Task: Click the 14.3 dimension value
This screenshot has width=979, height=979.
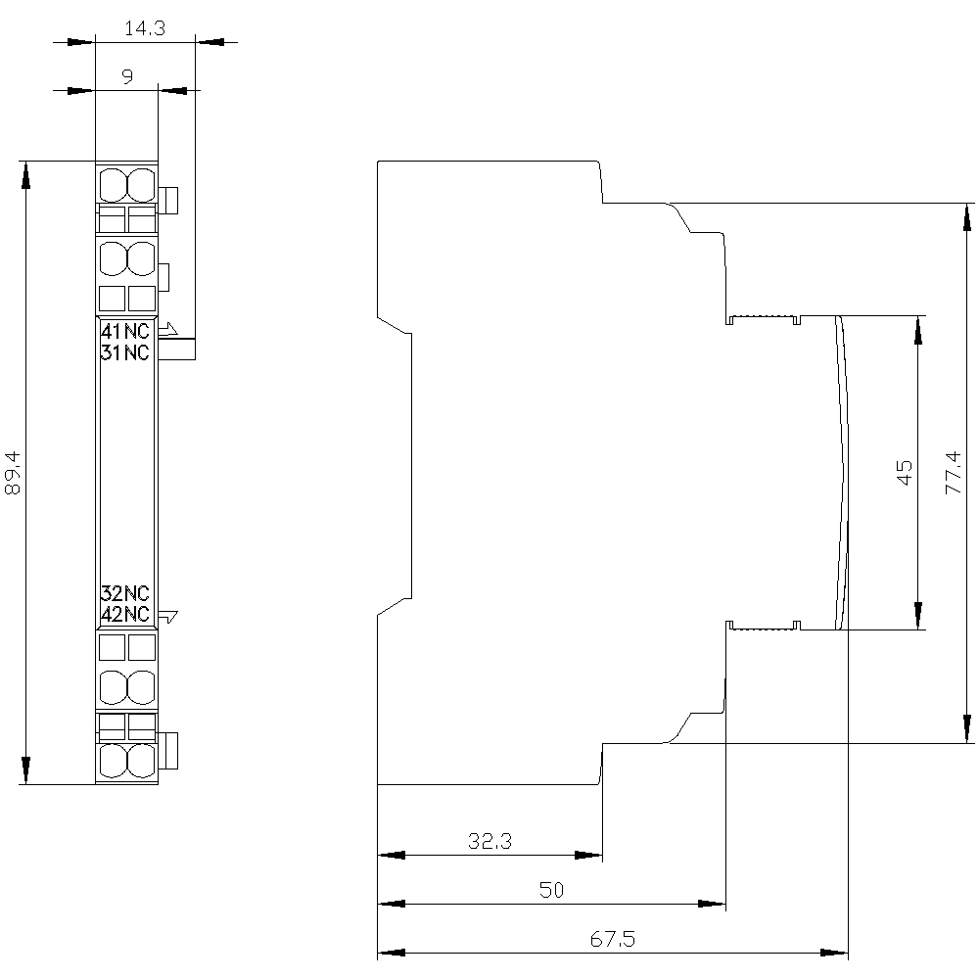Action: (x=145, y=28)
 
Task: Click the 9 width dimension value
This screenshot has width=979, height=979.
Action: (x=127, y=76)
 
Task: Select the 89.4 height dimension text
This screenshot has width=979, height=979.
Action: (x=13, y=473)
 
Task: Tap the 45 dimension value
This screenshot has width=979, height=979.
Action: (x=904, y=472)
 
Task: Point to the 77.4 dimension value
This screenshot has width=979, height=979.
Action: (x=954, y=473)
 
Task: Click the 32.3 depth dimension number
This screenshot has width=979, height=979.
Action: (x=490, y=841)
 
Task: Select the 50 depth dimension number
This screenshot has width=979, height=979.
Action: (x=551, y=890)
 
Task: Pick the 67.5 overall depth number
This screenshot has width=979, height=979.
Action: (x=613, y=939)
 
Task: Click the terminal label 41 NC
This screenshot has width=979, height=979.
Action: (x=125, y=331)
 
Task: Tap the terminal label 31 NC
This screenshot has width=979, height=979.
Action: (x=125, y=352)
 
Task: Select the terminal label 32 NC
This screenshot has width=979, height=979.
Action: (x=125, y=592)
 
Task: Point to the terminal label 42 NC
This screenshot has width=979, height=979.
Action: (x=125, y=615)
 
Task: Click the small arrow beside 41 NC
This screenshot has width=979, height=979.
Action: (x=168, y=329)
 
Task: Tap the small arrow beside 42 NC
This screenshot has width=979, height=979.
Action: (x=168, y=617)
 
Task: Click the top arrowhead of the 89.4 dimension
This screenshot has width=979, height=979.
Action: (x=25, y=175)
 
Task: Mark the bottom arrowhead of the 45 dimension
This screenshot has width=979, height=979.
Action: (x=918, y=615)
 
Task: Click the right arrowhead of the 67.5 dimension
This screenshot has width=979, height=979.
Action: (x=834, y=953)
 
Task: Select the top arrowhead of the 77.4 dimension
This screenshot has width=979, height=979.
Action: (x=966, y=216)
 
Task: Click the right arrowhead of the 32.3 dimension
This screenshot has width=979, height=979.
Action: (x=588, y=855)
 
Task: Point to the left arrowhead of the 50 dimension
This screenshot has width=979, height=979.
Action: (x=392, y=904)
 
